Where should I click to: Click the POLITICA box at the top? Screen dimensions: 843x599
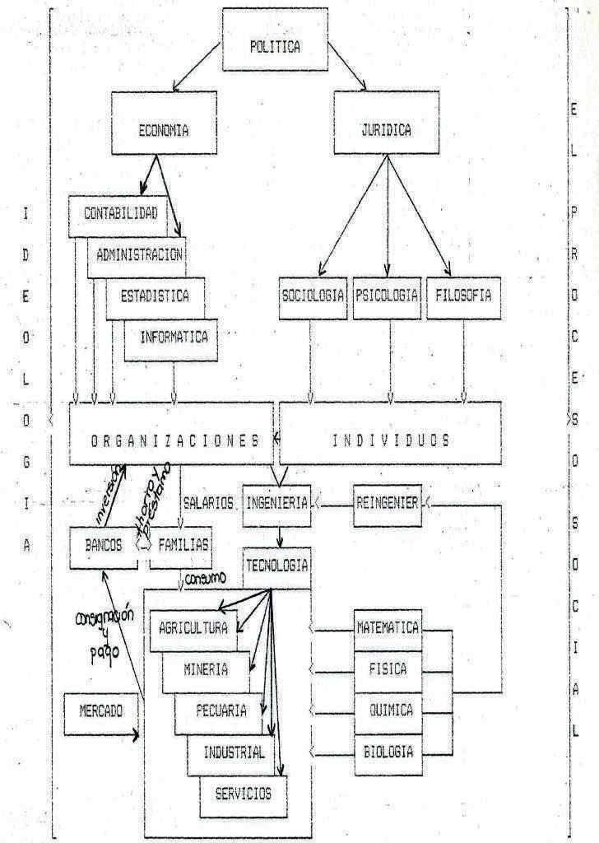(275, 46)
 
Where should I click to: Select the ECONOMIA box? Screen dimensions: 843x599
(163, 130)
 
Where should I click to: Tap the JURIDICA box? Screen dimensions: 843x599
(386, 130)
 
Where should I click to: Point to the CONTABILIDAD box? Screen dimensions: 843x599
(119, 213)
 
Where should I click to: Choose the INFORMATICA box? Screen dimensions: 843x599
(173, 337)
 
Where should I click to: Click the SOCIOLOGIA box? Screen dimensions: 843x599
(313, 296)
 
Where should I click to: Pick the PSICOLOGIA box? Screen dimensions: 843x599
(386, 296)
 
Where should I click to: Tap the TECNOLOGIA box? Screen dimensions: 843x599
(276, 565)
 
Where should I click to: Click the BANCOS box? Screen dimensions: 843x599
(103, 544)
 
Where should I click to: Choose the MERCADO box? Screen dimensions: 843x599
(101, 711)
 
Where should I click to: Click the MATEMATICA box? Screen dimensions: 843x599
(388, 628)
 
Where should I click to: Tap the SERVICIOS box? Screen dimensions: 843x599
(244, 794)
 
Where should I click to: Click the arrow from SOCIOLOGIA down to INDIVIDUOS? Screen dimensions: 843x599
(311, 362)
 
